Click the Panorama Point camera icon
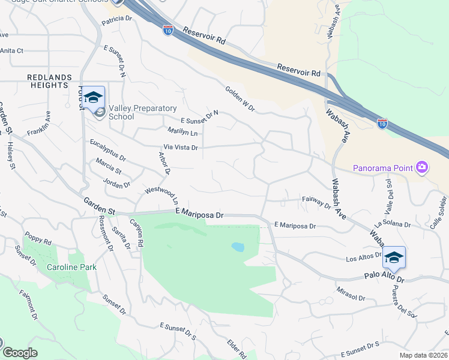(x=422, y=167)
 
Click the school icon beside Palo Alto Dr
(x=394, y=257)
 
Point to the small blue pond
(x=238, y=247)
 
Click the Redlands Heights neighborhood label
(x=49, y=81)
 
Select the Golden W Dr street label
(x=240, y=98)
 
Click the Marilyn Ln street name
(x=182, y=131)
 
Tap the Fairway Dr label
(x=316, y=202)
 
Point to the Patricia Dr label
(x=116, y=20)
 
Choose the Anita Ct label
(x=11, y=51)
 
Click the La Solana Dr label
(x=392, y=225)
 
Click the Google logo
(x=20, y=353)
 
